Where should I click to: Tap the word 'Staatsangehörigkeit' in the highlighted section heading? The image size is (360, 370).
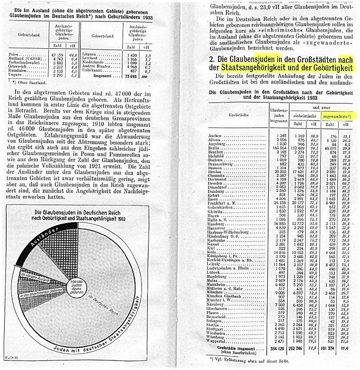(249, 69)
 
